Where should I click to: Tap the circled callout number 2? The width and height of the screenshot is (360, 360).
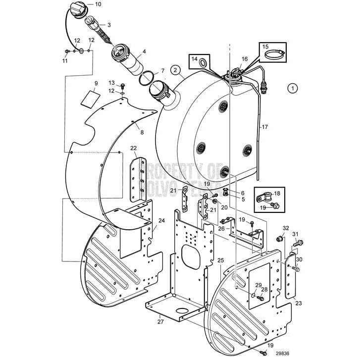click(x=174, y=69)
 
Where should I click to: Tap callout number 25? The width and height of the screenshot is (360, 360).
click(x=220, y=260)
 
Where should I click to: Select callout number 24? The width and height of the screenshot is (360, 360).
click(x=161, y=221)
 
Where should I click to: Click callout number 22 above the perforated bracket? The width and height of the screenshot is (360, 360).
click(x=134, y=148)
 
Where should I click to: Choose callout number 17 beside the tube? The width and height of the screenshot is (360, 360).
click(x=264, y=127)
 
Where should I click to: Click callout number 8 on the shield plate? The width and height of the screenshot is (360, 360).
click(x=142, y=132)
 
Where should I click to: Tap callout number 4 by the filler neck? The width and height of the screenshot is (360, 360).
click(x=144, y=51)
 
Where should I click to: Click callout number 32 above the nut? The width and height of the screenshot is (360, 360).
click(x=286, y=228)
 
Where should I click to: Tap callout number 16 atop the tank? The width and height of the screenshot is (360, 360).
click(x=244, y=59)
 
